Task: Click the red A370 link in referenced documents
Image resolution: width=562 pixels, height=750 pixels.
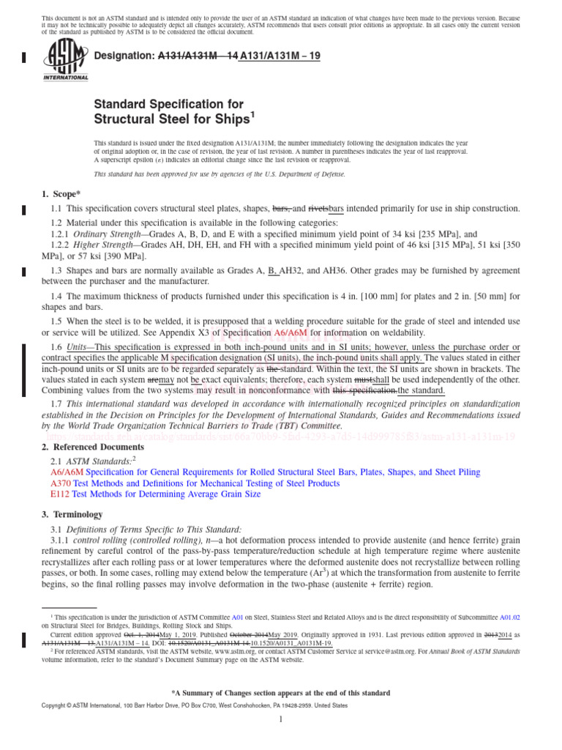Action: click(x=60, y=483)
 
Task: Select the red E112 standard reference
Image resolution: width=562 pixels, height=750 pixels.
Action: click(x=60, y=495)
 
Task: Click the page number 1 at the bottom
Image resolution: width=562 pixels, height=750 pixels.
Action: click(x=281, y=720)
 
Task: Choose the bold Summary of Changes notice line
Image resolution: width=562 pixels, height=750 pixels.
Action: click(x=280, y=693)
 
